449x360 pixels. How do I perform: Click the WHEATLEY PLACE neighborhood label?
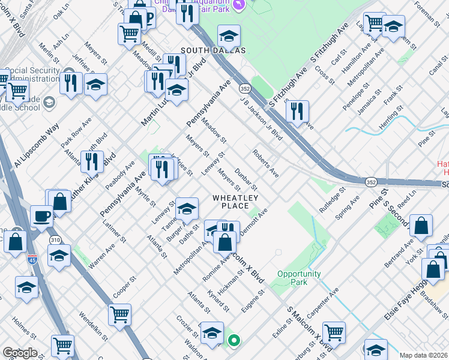point(235,202)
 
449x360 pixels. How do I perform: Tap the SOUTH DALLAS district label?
point(206,50)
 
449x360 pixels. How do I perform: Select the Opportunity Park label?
point(299,278)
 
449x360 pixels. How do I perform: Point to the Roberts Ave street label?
point(266,163)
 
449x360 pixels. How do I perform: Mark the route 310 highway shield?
point(55,240)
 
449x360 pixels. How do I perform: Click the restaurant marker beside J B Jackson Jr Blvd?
point(297,112)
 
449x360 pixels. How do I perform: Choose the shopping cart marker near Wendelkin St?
point(120,314)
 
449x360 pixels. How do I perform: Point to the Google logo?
point(20,353)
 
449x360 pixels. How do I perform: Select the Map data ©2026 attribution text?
point(424,355)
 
